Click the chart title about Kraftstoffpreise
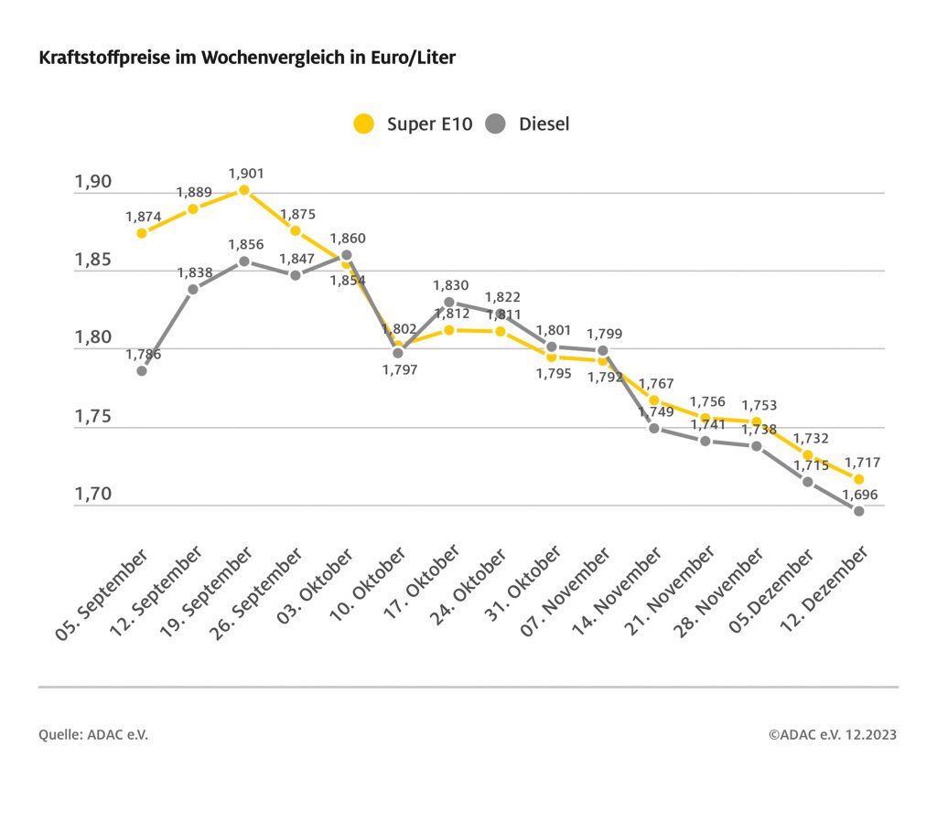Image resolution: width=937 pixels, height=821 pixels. [247, 58]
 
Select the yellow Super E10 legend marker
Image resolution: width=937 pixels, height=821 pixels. [364, 123]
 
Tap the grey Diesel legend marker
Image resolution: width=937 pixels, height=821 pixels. [496, 123]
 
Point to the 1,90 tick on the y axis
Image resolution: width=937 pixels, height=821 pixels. [92, 181]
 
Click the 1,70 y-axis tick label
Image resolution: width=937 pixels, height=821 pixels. [92, 495]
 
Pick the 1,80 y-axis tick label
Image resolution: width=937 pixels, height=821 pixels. [92, 337]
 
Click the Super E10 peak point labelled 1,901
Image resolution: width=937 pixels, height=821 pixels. [244, 190]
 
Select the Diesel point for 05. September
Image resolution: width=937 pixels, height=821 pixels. [142, 370]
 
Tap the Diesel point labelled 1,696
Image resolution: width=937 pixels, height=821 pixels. [859, 511]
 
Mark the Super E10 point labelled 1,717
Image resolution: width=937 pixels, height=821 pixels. [859, 479]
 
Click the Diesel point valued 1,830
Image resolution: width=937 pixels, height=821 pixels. [449, 302]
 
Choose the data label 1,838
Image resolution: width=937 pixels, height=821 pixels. [194, 272]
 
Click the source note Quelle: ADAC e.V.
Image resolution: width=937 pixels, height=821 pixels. [93, 734]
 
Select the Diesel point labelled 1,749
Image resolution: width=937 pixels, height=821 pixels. [654, 428]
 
